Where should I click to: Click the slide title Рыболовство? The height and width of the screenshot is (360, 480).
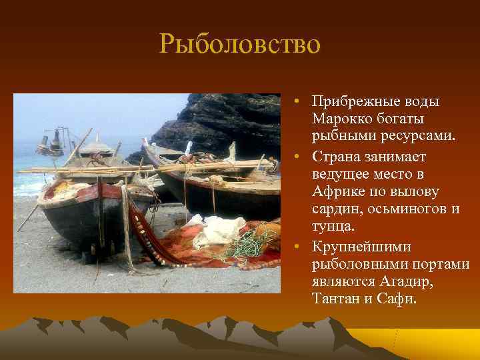[240, 45]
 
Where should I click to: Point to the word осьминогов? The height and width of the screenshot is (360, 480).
[407, 209]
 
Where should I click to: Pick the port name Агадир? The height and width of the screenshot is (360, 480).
[407, 281]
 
